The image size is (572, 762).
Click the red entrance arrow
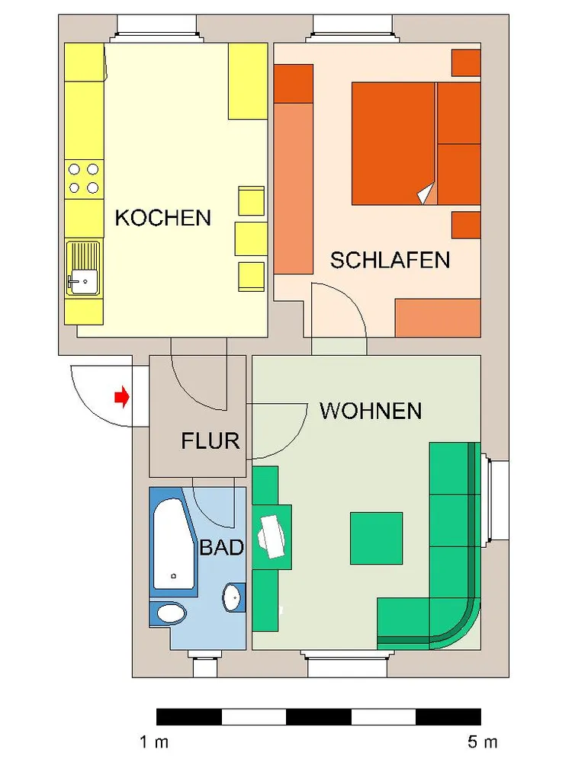tap(122, 397)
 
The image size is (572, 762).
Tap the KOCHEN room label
tap(163, 218)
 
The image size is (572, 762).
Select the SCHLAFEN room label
tap(390, 261)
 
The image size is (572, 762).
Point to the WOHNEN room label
tap(371, 411)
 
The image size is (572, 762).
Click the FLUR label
tap(210, 441)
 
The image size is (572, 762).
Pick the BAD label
tap(222, 548)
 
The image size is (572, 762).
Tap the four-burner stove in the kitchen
tap(84, 178)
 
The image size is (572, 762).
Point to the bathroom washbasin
tap(233, 597)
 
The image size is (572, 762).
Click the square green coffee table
tap(377, 538)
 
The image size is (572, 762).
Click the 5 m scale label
tap(483, 742)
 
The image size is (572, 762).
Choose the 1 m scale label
tap(154, 742)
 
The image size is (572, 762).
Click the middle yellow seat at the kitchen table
tap(251, 239)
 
